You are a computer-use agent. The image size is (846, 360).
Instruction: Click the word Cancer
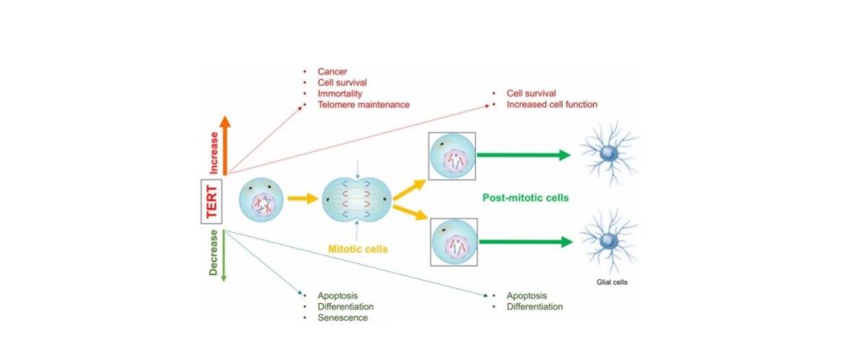[332, 73]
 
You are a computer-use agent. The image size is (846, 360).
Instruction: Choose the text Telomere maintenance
[363, 105]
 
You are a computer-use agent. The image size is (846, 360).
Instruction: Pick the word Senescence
[341, 318]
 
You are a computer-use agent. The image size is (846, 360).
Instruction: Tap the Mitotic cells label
[356, 246]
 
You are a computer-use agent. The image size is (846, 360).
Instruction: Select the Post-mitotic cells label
[529, 198]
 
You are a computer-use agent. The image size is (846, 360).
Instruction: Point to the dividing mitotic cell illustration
[355, 199]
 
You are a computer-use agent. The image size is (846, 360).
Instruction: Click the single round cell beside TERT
[261, 201]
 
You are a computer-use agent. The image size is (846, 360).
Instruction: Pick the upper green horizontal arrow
[524, 154]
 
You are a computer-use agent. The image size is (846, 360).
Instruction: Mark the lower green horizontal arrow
[524, 243]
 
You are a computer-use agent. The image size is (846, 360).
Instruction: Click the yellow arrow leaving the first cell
[302, 200]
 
